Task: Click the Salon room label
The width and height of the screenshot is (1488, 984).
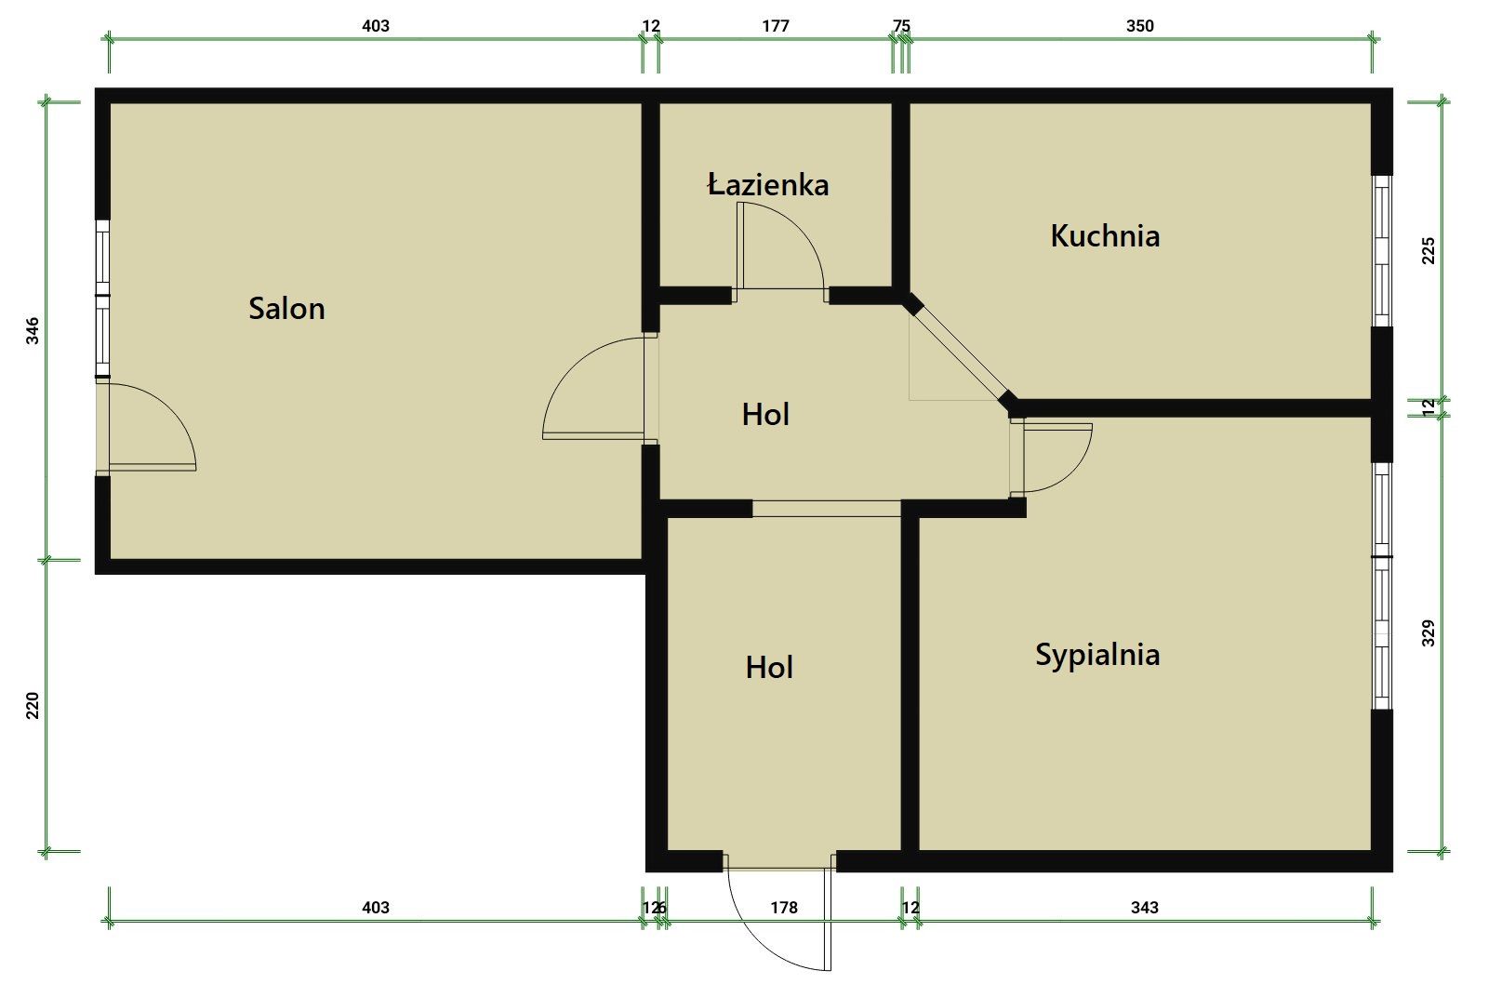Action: point(286,309)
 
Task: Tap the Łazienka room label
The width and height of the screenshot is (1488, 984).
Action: point(768,184)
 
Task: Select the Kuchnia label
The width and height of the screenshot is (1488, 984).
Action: point(1105,236)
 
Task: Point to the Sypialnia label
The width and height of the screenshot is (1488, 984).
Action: point(1097,655)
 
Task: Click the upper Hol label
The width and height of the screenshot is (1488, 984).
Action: point(765,415)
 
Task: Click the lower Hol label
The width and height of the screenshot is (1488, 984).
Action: point(769,668)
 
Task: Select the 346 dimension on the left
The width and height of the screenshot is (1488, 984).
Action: point(33,331)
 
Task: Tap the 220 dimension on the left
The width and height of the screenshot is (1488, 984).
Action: point(33,706)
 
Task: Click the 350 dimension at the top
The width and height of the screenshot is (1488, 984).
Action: point(1140,26)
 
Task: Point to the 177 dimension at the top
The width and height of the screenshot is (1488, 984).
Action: point(776,26)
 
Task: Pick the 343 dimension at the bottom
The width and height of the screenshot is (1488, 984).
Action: point(1145,908)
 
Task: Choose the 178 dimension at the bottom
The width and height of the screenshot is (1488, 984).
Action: point(784,908)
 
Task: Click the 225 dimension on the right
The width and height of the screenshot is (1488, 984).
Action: point(1428,251)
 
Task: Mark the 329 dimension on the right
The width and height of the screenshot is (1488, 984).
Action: point(1428,633)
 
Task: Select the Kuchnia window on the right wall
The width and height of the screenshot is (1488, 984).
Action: point(1382,251)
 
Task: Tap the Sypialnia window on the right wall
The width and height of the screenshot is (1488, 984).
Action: point(1382,586)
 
